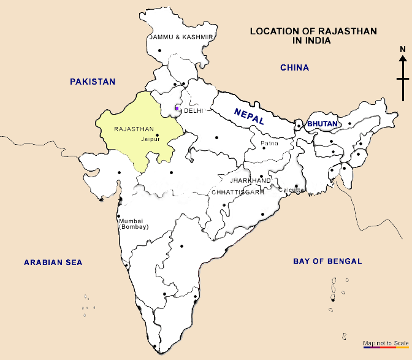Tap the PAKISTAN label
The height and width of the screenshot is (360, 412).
pos(93,82)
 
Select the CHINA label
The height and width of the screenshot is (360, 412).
pos(294,67)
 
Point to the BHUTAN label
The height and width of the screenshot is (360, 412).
pos(322,124)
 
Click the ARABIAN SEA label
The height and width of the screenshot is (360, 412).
pos(53,262)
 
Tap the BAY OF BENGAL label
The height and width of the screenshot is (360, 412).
pos(327,261)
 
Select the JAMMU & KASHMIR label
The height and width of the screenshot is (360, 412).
pos(181,37)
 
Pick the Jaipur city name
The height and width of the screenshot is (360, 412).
pos(150,140)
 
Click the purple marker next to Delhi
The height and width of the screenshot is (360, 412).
pos(177,109)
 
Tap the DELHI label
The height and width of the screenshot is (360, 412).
pos(193,111)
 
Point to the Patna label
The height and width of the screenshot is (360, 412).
pos(270,144)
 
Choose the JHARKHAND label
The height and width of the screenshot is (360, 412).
pos(250,181)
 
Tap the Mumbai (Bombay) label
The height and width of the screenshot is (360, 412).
pos(134,224)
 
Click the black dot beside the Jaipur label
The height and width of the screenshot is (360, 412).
pos(158,136)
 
